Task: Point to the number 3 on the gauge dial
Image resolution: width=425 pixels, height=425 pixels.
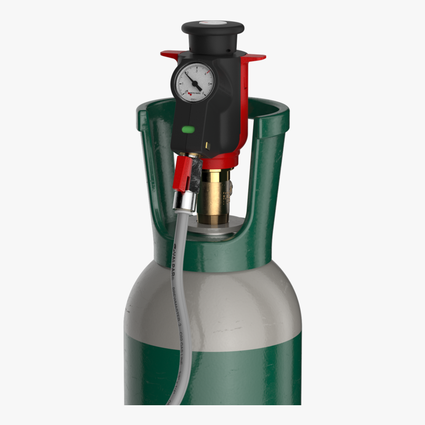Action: click(x=197, y=72)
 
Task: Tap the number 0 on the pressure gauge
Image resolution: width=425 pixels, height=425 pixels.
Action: click(x=186, y=92)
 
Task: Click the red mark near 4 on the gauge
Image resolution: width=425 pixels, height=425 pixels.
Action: click(x=209, y=72)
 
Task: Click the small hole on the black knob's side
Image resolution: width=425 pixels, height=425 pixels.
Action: click(x=228, y=50)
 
